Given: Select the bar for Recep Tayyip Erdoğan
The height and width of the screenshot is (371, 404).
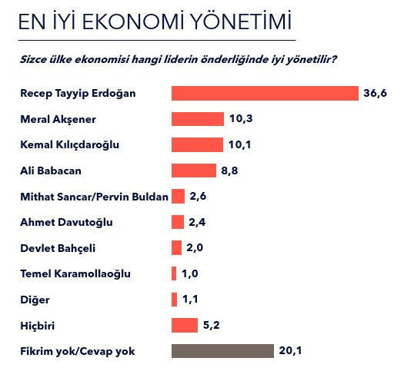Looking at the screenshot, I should [x=265, y=93].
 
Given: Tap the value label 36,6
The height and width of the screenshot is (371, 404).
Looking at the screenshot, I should [x=375, y=93].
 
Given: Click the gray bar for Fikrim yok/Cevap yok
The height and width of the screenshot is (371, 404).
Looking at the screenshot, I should [x=222, y=351].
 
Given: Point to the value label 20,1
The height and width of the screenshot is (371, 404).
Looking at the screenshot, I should [x=290, y=351].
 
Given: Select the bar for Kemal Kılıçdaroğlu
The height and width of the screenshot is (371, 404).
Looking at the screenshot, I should [x=196, y=144].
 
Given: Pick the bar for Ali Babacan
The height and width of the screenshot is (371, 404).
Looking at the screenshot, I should [x=193, y=171].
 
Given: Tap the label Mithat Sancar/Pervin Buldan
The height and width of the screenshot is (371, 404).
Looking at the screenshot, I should [x=93, y=197].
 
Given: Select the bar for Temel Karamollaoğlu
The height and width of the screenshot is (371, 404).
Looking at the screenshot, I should [x=174, y=273].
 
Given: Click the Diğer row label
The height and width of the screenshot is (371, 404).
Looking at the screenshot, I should [x=33, y=300].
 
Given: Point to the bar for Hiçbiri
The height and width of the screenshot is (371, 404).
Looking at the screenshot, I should [x=185, y=325].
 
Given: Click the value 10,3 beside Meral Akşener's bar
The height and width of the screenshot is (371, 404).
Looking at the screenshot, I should [x=237, y=119].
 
